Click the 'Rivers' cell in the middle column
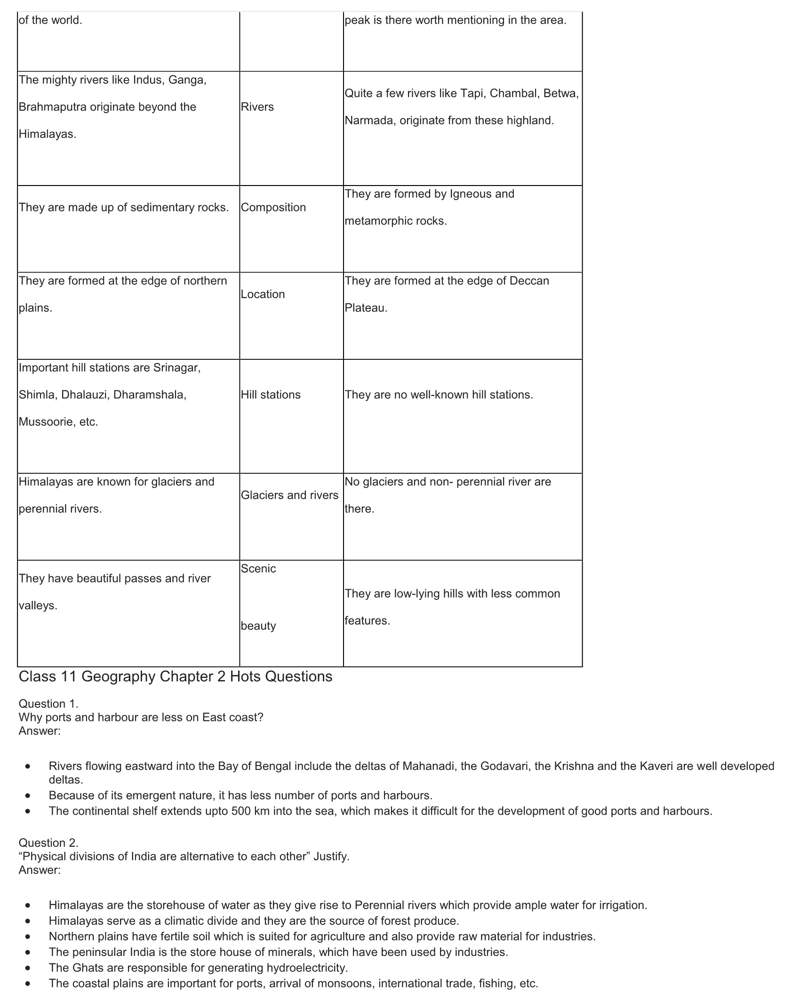257,107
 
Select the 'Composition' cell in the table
273,207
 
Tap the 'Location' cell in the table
263,294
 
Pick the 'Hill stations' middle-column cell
271,395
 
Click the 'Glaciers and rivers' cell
289,495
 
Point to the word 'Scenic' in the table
258,568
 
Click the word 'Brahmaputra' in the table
52,107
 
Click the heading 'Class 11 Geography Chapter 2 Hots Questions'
175,676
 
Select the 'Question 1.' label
48,704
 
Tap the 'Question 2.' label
48,842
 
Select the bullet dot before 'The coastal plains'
29,984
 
